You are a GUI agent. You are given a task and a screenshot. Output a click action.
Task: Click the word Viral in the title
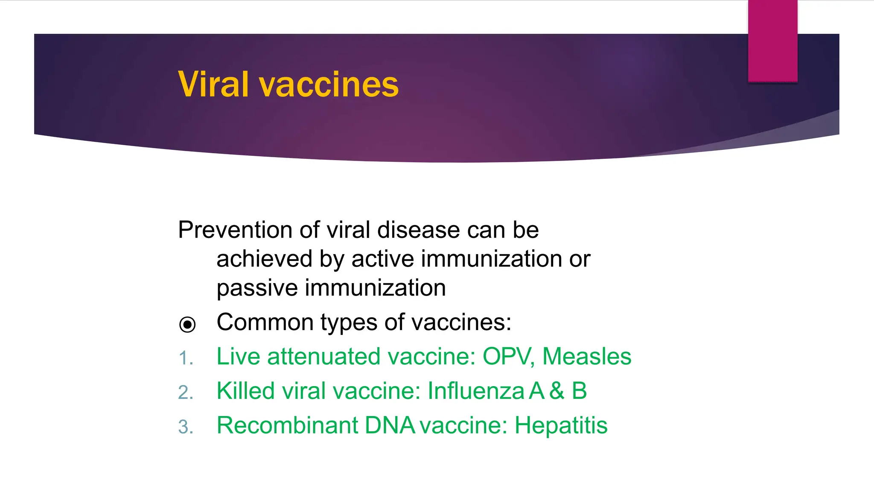(x=213, y=84)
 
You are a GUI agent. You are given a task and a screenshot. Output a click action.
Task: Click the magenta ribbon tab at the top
(x=772, y=41)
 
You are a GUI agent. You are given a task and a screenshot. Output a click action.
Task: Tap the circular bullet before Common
(x=187, y=325)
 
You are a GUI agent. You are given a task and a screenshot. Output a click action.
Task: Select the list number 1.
(x=185, y=358)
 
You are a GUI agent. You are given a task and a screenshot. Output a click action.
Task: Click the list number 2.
(x=185, y=392)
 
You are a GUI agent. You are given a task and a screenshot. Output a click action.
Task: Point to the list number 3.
(x=185, y=427)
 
